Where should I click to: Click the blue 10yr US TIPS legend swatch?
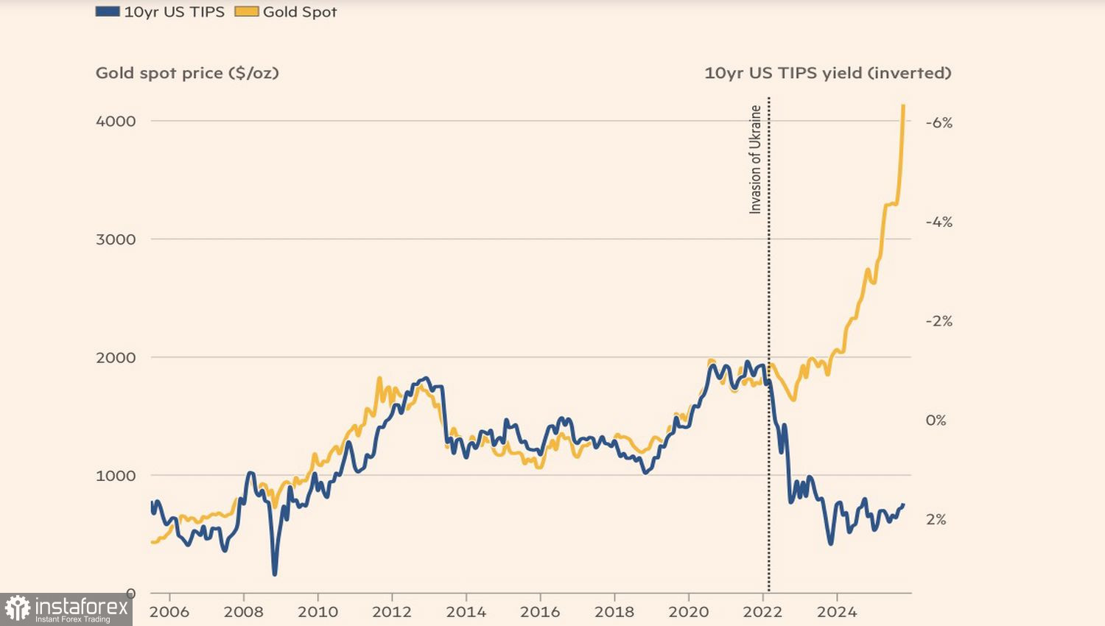coord(108,12)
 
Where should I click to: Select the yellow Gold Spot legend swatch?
coord(246,12)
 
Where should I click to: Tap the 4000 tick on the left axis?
coord(116,122)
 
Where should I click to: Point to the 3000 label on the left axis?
coord(116,239)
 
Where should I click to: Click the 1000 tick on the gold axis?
coord(116,476)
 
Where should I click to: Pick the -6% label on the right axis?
coord(939,123)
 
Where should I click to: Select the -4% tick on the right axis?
coord(939,222)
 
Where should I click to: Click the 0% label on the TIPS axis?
coord(936,421)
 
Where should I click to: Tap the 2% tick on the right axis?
coord(936,520)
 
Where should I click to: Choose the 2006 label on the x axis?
coord(169,612)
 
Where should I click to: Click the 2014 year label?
coord(466,612)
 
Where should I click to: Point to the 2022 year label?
coord(762,612)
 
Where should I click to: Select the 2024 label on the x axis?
coord(837,612)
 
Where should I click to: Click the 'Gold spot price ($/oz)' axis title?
coord(187,73)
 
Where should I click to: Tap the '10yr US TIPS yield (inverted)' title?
coord(827,73)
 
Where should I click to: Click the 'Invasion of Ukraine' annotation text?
coord(755,159)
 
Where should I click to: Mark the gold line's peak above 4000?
coord(903,106)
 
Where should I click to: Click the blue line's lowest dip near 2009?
coord(275,573)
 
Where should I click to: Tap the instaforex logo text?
coord(81,608)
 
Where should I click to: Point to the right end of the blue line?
coord(903,505)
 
